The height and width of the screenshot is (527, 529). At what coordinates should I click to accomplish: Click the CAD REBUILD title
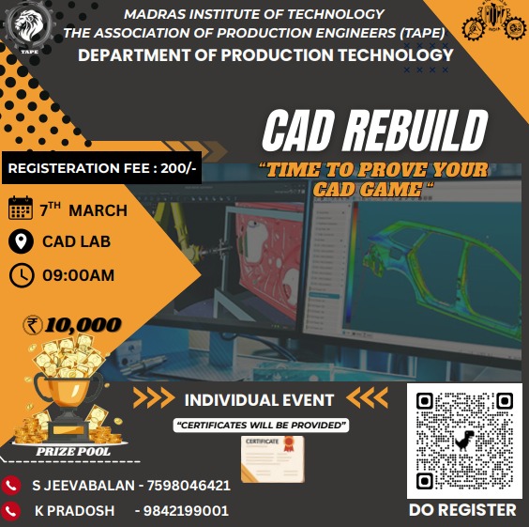pos(374,131)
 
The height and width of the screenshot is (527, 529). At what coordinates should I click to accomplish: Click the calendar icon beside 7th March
pos(20,209)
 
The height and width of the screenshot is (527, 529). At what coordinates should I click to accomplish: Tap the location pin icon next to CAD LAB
pos(20,241)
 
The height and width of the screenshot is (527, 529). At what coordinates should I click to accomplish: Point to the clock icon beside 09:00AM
pos(20,274)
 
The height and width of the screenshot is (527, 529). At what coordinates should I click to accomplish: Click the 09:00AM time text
pos(78,275)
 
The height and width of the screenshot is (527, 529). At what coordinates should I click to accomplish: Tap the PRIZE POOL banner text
pos(72,451)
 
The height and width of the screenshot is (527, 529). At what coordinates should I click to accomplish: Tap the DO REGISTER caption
pos(463,510)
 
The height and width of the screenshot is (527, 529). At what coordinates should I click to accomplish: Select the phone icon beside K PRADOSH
pos(11,511)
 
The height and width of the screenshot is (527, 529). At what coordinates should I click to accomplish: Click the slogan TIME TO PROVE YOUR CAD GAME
pos(374,178)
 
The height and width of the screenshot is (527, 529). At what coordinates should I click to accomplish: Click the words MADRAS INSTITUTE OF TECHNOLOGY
pos(254,14)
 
